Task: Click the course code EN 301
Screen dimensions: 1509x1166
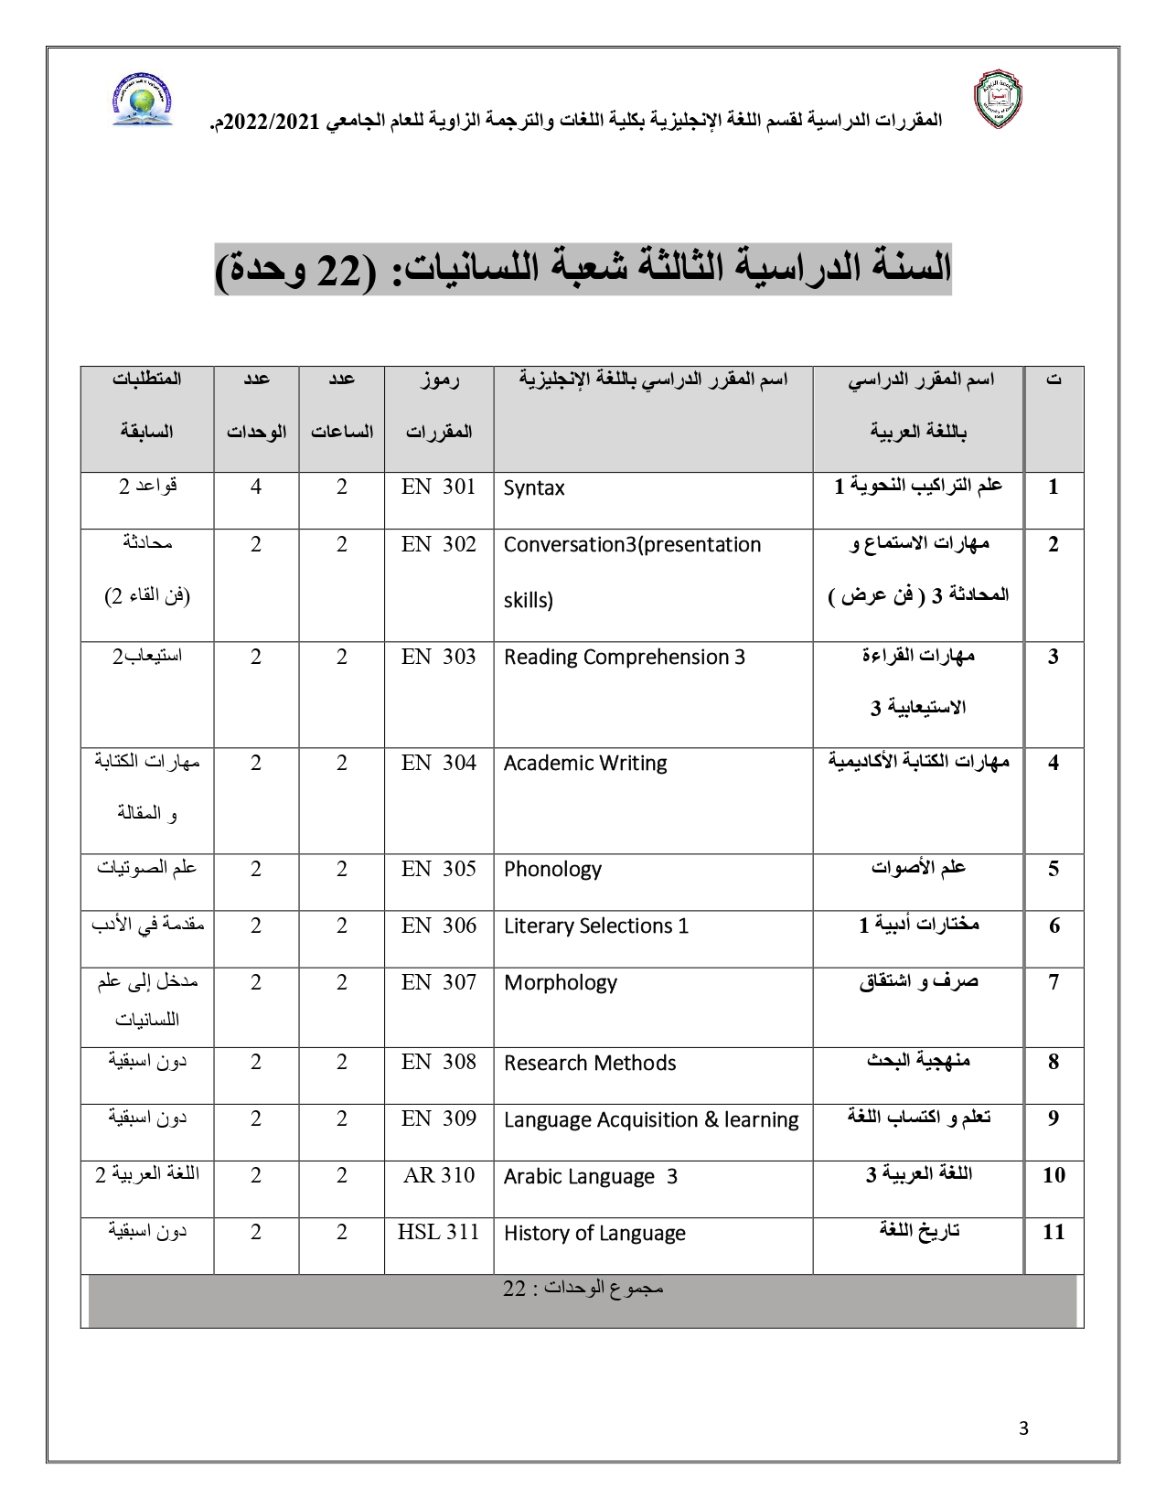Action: pos(439,487)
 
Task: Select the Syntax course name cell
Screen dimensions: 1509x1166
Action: pos(534,488)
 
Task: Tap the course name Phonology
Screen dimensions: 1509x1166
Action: pos(552,869)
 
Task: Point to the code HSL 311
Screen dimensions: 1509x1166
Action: pos(438,1232)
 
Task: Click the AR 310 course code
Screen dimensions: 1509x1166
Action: pos(439,1175)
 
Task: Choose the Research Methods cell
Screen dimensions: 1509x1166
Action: pos(590,1063)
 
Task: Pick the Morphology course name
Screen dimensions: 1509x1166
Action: pos(560,982)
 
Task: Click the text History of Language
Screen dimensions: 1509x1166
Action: pos(594,1233)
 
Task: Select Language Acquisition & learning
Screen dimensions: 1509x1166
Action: pos(651,1119)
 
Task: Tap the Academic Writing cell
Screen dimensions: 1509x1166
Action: pos(585,763)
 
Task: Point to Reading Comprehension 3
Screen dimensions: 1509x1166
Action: pos(625,657)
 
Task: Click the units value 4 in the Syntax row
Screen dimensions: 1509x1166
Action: pos(256,487)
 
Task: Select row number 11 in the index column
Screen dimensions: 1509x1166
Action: pos(1054,1232)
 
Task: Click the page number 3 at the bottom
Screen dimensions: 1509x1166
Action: pos(1023,1429)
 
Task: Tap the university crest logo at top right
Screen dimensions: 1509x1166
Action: pos(996,100)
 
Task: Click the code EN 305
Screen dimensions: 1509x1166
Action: pos(439,868)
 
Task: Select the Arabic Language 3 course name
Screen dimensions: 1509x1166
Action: pos(591,1176)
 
